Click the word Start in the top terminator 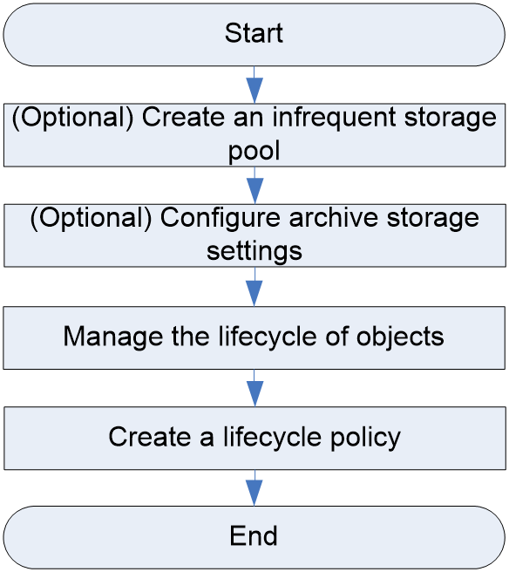[x=254, y=33]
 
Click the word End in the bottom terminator [x=254, y=535]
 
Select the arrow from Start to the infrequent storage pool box [x=254, y=85]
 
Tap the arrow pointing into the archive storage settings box [x=254, y=186]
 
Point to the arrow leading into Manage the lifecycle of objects [x=254, y=286]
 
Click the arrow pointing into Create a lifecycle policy [x=254, y=388]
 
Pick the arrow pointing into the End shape [x=254, y=488]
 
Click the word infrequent [x=334, y=119]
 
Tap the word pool [x=254, y=151]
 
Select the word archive [x=334, y=217]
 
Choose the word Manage [x=113, y=337]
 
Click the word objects [x=400, y=337]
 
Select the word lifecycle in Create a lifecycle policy [x=273, y=438]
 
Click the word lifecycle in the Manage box [x=268, y=337]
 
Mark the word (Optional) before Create [x=73, y=119]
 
